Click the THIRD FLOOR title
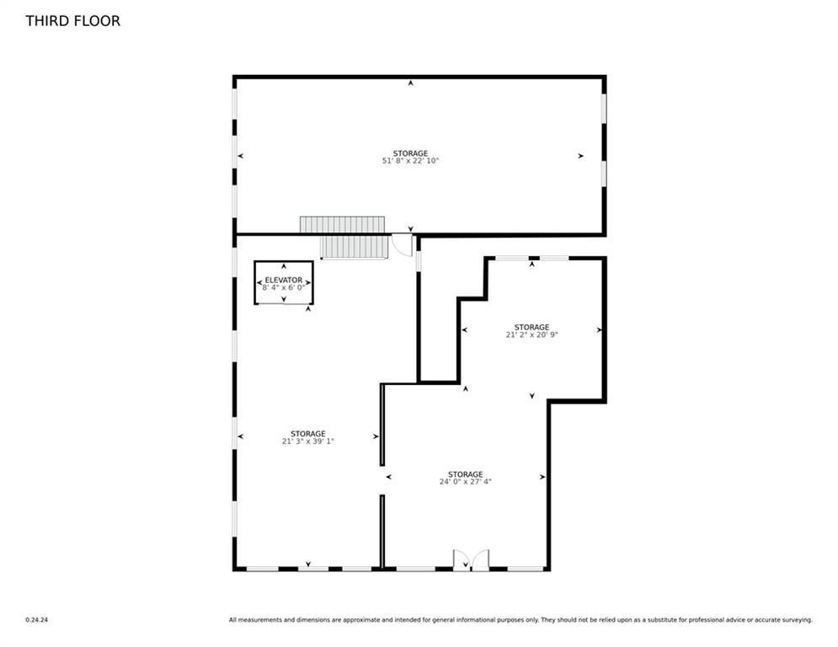(x=72, y=21)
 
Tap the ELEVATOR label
(x=284, y=280)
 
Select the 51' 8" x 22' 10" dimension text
(x=410, y=160)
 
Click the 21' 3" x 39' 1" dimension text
(x=308, y=441)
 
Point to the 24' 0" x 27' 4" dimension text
(x=466, y=481)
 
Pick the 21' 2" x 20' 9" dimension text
(x=531, y=334)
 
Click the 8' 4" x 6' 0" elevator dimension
(x=284, y=287)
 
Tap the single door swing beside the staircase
(x=403, y=245)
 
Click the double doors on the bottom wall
(x=471, y=560)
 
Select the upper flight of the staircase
(x=342, y=225)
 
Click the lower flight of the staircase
(x=354, y=248)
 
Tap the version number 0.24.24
(x=37, y=620)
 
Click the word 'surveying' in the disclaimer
(x=796, y=620)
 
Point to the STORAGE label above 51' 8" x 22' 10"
(x=410, y=153)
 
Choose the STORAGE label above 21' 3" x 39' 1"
(x=308, y=434)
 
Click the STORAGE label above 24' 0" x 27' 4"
(x=466, y=474)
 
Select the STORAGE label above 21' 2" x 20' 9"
(x=531, y=327)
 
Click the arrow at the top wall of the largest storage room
(x=410, y=83)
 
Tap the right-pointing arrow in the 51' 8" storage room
(x=580, y=156)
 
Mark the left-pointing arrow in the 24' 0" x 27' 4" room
(x=388, y=477)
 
